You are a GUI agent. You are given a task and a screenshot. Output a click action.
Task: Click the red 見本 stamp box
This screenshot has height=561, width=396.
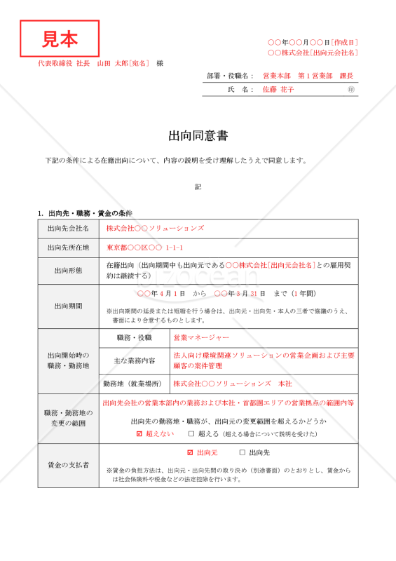(x=60, y=39)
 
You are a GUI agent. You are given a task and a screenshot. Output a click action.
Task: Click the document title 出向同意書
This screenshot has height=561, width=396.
(x=198, y=135)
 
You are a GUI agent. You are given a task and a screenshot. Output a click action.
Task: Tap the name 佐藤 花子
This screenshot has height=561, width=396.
(x=278, y=90)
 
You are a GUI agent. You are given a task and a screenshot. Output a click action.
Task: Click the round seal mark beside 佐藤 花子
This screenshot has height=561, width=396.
(x=351, y=90)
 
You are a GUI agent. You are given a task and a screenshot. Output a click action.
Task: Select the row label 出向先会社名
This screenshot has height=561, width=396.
(x=68, y=229)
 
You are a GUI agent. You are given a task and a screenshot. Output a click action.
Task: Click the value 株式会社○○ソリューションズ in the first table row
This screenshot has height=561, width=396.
(x=155, y=229)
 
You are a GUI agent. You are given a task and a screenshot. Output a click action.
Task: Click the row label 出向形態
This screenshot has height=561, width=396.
(x=68, y=270)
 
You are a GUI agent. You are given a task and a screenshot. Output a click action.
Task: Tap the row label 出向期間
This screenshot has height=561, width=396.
(x=68, y=306)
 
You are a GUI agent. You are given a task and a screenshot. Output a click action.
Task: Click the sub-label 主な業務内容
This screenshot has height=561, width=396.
(x=134, y=360)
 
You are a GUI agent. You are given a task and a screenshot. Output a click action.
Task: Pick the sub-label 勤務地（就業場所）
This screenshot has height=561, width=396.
(x=133, y=384)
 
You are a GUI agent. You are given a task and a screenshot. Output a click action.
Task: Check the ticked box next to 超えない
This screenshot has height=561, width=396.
(x=139, y=434)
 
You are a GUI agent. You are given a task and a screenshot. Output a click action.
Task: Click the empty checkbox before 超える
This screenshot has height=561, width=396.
(x=191, y=434)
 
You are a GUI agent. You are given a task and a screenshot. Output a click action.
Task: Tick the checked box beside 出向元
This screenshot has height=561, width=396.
(x=191, y=453)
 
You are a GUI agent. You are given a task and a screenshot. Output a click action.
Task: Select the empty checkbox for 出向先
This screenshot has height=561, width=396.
(x=243, y=453)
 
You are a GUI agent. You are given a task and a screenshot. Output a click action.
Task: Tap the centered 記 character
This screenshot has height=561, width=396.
(x=198, y=187)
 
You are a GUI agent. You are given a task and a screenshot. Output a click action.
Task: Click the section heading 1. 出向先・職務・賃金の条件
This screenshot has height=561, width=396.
(x=85, y=213)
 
